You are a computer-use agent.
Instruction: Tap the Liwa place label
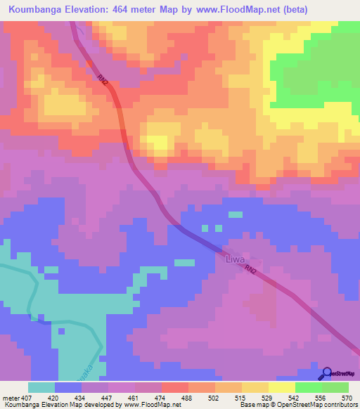pos(235,259)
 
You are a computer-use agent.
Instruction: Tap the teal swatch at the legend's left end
pos(41,387)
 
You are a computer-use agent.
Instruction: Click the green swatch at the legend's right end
pos(335,387)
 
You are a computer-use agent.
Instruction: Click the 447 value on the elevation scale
pos(108,397)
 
